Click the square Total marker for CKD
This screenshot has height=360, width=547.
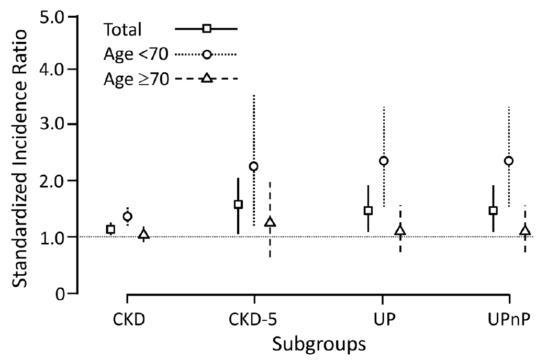coord(110,229)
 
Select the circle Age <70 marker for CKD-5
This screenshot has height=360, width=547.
coord(254,166)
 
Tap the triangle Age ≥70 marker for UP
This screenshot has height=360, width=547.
coord(400,230)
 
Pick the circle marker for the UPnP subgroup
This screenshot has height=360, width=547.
coord(508,161)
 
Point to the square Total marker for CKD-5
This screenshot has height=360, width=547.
coord(238,204)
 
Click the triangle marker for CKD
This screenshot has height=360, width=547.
coord(143,234)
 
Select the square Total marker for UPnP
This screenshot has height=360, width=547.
coord(493,210)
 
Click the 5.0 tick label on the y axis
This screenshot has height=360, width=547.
coord(51,17)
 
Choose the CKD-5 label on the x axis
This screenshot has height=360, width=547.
coord(254,320)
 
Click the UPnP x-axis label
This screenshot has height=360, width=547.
coord(507,320)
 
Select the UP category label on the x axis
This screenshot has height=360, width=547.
coord(382,320)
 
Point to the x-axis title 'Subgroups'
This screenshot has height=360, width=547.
coord(317,344)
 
